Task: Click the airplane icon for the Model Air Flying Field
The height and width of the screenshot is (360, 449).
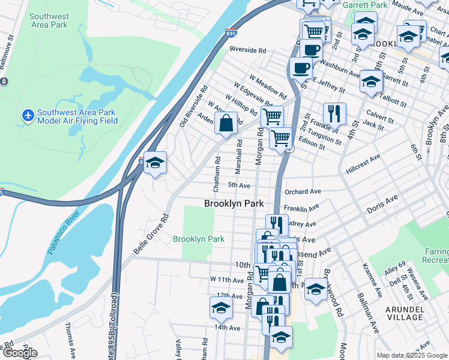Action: (x=27, y=115)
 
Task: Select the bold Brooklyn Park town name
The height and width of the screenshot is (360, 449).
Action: (x=234, y=204)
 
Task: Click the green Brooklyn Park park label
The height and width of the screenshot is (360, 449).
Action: (x=199, y=239)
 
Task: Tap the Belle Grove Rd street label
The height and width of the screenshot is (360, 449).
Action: (x=150, y=234)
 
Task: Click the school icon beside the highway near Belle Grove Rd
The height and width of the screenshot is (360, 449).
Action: (x=155, y=163)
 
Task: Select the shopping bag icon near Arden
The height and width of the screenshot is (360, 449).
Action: (x=226, y=124)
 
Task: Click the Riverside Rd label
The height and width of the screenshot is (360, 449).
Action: (x=247, y=50)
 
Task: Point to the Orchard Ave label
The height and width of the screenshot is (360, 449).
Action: (x=304, y=192)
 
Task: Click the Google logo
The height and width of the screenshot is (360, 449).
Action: (x=19, y=353)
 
